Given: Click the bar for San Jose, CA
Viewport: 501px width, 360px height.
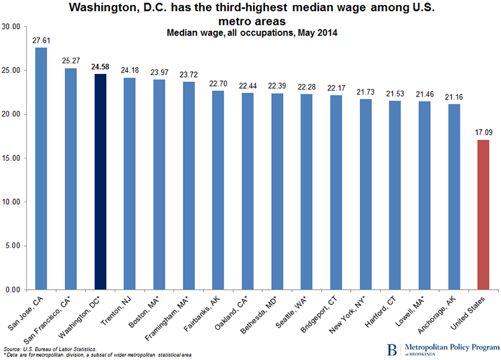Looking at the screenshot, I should coord(41,169).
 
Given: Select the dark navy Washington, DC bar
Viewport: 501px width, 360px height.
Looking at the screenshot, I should coord(100,182).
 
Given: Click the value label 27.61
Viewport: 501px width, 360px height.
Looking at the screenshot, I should coord(41,39).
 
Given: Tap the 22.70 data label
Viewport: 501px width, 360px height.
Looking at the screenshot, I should coord(219,83).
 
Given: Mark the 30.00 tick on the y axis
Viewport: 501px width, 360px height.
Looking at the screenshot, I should coord(13,27).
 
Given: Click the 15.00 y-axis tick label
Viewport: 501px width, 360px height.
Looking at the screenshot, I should coord(13,158).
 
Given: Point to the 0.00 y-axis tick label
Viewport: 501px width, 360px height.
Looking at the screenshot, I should coord(14,290).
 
